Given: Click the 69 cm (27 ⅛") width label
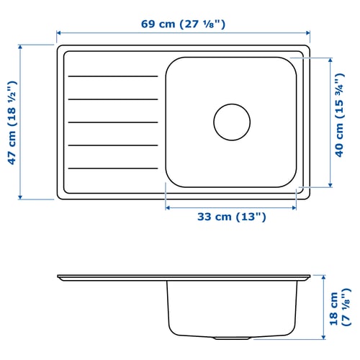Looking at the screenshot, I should (184, 24).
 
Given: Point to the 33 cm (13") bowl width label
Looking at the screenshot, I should (230, 217).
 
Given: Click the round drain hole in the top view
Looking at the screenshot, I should (231, 122).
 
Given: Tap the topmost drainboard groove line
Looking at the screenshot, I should (112, 76).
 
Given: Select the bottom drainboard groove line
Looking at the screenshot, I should (112, 168).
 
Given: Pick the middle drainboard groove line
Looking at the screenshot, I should (112, 122).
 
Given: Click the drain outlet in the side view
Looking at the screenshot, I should (231, 337).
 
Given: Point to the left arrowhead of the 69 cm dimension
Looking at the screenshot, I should (59, 32).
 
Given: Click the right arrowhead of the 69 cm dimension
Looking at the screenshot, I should (310, 32).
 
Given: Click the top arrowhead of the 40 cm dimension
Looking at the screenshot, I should (331, 59).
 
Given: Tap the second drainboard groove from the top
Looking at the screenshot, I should (112, 99).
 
